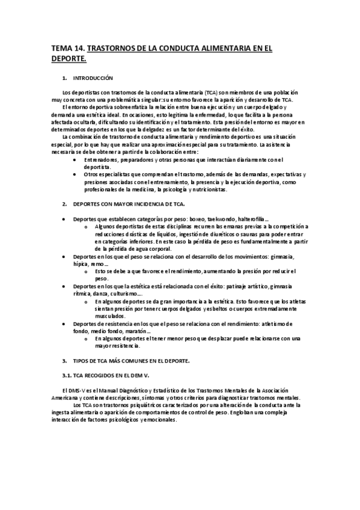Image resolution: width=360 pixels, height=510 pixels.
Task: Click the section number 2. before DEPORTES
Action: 65,204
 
